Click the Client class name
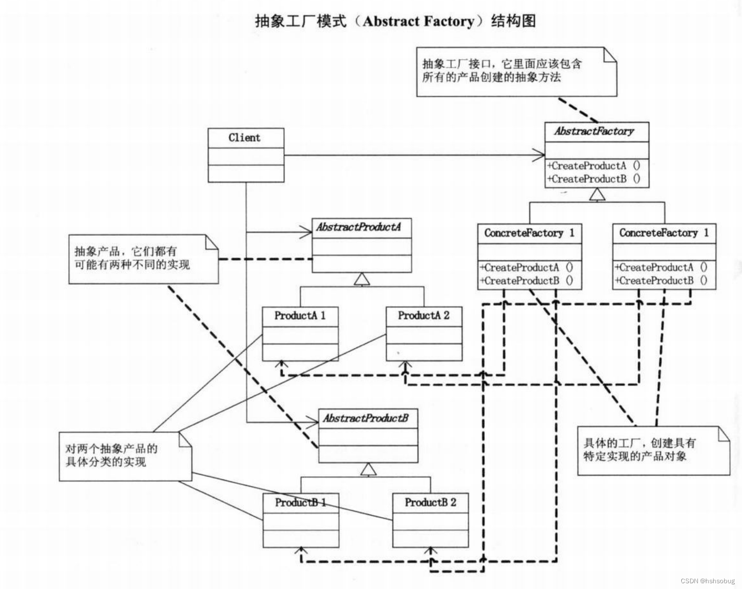tap(245, 138)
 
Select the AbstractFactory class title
tap(594, 131)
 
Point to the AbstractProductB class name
tap(366, 418)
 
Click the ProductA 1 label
tap(300, 316)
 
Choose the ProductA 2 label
tap(424, 316)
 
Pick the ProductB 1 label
tap(301, 502)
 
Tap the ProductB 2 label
tap(430, 502)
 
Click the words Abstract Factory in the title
tap(418, 21)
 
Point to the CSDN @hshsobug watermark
tap(708, 581)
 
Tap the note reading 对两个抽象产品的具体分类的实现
tap(124, 456)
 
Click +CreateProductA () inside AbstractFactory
tap(594, 166)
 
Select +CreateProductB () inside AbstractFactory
tap(594, 179)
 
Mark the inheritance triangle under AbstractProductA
tap(362, 279)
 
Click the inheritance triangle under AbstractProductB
tap(368, 469)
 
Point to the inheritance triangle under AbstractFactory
tap(597, 194)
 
